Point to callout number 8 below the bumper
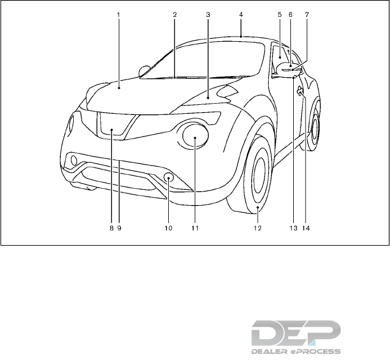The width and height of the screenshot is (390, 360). [x=111, y=229]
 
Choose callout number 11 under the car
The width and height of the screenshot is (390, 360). [x=195, y=229]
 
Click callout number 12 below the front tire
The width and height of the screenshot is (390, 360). [x=257, y=229]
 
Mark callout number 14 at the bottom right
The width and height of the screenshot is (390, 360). [x=306, y=229]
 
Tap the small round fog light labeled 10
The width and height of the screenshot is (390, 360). [x=168, y=179]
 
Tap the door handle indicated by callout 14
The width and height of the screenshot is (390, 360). [x=300, y=90]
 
